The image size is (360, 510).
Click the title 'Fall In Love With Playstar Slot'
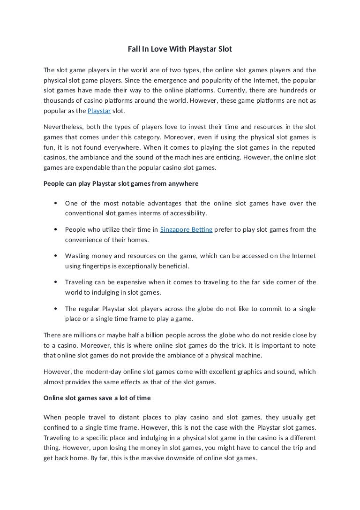point(180,49)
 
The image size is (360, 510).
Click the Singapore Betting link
point(187,229)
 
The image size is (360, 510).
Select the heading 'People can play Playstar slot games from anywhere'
point(121,183)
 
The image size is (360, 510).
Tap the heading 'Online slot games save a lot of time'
point(97,398)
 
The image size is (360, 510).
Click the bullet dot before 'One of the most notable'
point(56,203)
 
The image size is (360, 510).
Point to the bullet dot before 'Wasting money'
point(56,256)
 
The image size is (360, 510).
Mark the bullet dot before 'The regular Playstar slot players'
point(56,309)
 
